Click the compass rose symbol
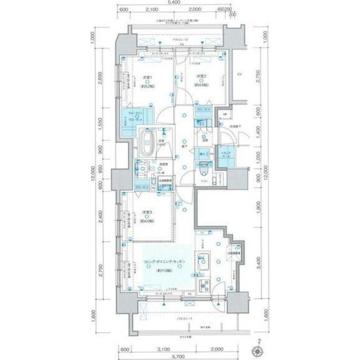(258, 340)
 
